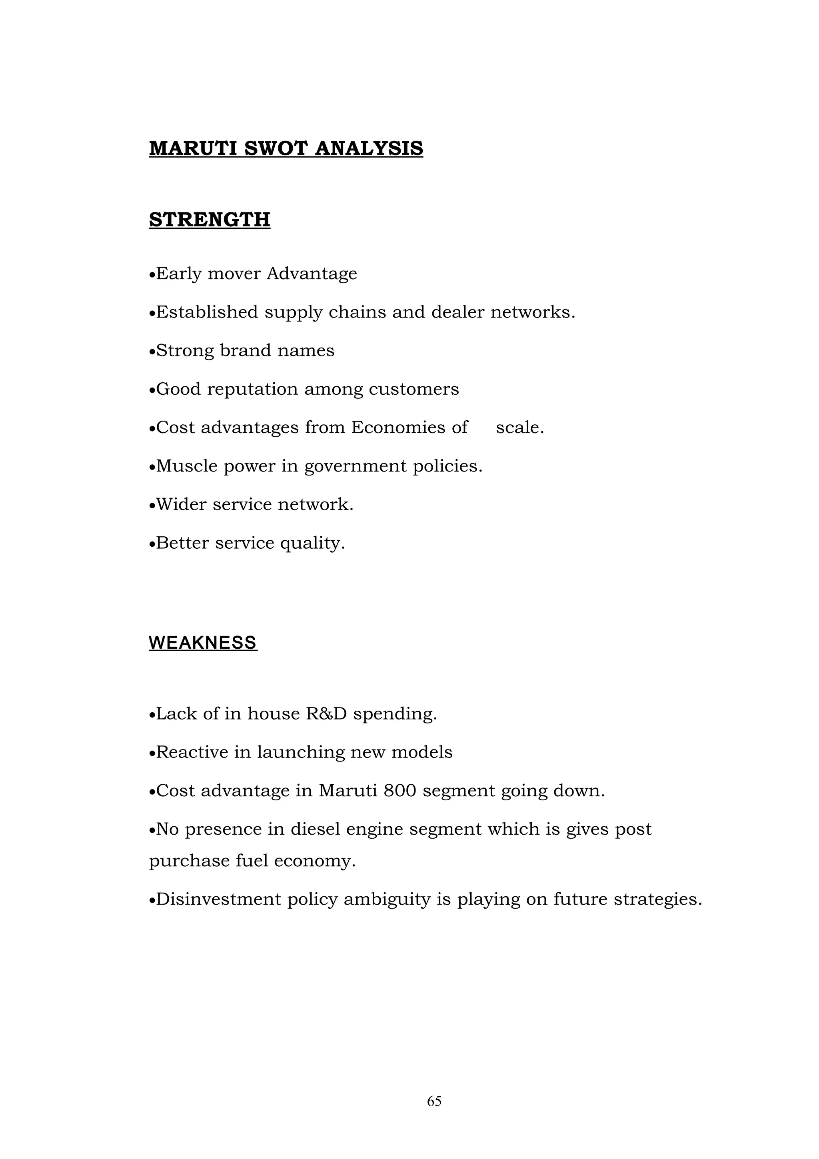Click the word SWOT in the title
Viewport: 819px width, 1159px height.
pyautogui.click(x=276, y=148)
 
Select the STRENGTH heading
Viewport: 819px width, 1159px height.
pyautogui.click(x=210, y=220)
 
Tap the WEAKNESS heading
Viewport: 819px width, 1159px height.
pyautogui.click(x=203, y=643)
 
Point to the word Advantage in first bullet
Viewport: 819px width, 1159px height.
pyautogui.click(x=312, y=274)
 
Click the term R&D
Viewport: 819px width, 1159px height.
pyautogui.click(x=326, y=714)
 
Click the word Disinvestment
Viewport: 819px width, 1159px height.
pyautogui.click(x=218, y=899)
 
